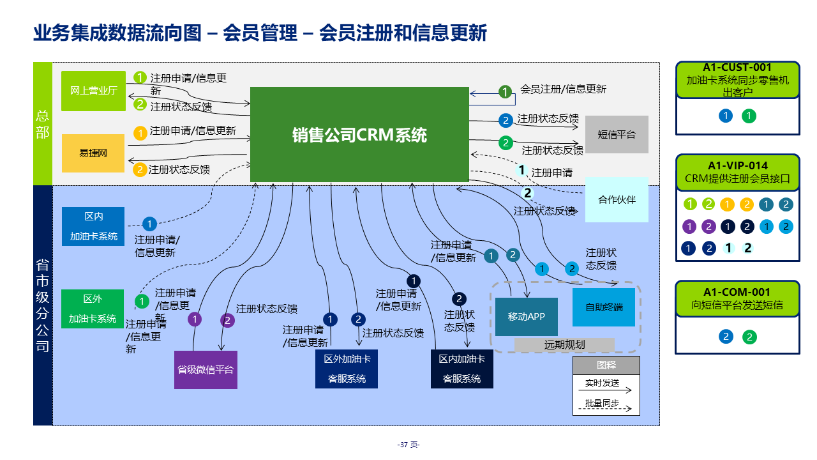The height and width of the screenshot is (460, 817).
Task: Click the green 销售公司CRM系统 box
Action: coord(359,135)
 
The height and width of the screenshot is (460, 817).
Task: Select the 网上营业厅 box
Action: coord(94,91)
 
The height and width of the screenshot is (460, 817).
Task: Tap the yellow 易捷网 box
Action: coord(93,153)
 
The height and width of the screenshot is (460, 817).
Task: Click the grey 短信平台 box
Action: coord(617,134)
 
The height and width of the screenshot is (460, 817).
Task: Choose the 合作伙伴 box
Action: coord(617,199)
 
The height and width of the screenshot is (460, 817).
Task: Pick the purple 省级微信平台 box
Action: coord(206,369)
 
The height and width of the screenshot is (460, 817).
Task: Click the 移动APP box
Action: coord(526,317)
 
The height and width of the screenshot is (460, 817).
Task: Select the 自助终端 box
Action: coord(604,307)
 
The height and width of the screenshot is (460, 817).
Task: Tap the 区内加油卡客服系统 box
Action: coord(462,369)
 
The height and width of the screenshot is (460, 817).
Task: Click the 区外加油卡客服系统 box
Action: coord(347,369)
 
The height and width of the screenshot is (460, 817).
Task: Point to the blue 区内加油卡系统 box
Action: coord(93,226)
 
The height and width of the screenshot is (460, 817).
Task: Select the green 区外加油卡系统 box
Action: coord(93,309)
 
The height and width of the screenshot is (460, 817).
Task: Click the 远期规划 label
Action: coord(564,345)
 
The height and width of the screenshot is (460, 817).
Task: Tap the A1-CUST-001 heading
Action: coord(737,68)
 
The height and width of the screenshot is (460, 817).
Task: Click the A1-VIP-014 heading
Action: coord(737,166)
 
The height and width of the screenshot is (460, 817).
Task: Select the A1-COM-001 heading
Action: coord(737,293)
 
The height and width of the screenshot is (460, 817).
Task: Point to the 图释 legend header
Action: coord(606,365)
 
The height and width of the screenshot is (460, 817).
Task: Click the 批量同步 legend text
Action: coord(602,403)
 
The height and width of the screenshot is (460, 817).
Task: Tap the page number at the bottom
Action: coord(408,445)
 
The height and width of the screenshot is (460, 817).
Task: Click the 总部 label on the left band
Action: coord(43,124)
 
